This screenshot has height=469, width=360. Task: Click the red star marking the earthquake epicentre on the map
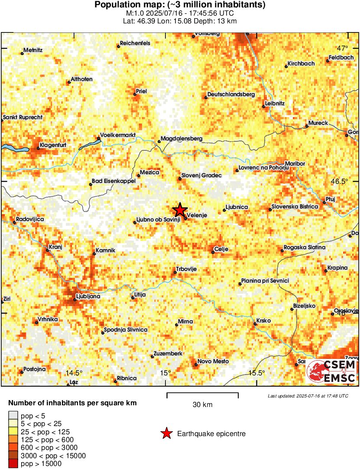pyautogui.click(x=180, y=210)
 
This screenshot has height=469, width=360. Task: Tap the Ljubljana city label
pyautogui.click(x=88, y=296)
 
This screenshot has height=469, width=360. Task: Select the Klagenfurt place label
pyautogui.click(x=53, y=145)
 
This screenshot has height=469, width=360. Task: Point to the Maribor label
pyautogui.click(x=295, y=163)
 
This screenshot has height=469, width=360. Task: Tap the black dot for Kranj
pyautogui.click(x=48, y=250)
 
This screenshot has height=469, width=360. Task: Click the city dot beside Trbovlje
pyautogui.click(x=175, y=273)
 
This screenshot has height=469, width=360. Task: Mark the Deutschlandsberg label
pyautogui.click(x=231, y=94)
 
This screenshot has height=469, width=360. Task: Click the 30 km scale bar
pyautogui.click(x=202, y=394)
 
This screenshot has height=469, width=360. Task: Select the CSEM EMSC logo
pyautogui.click(x=331, y=371)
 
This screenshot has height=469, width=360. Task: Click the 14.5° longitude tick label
pyautogui.click(x=74, y=373)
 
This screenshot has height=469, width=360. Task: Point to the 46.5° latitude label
pyautogui.click(x=339, y=181)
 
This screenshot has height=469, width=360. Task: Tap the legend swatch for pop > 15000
pyautogui.click(x=14, y=464)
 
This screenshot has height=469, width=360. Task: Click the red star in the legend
pyautogui.click(x=166, y=433)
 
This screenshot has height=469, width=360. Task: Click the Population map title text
pyautogui.click(x=180, y=5)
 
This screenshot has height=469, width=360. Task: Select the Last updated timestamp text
pyautogui.click(x=308, y=396)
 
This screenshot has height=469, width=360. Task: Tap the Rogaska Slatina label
pyautogui.click(x=304, y=248)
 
